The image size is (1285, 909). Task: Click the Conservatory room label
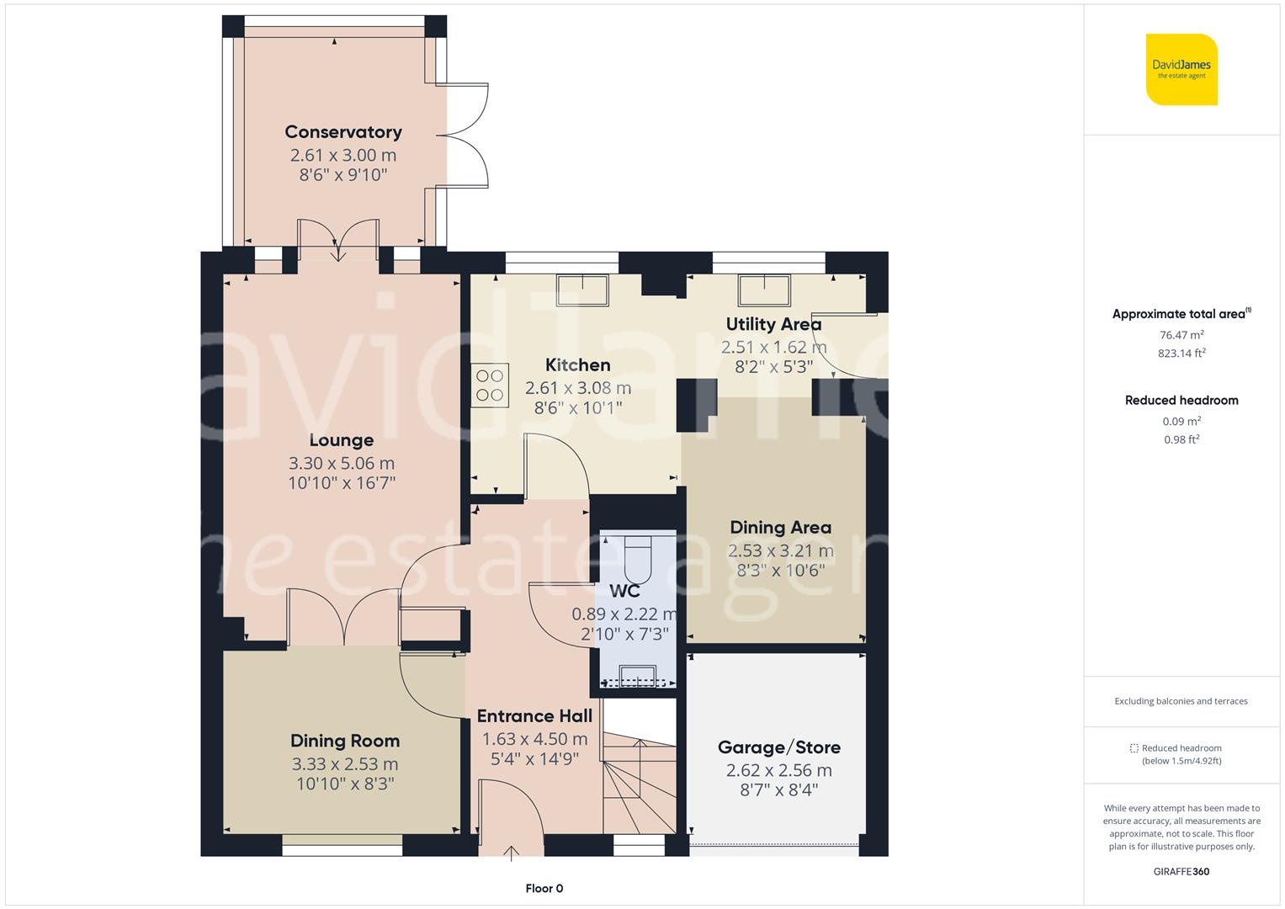click(343, 132)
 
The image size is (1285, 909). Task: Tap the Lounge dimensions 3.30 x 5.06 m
click(342, 463)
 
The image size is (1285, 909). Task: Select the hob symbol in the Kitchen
click(490, 385)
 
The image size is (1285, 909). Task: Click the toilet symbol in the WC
click(638, 559)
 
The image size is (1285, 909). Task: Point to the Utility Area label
click(773, 324)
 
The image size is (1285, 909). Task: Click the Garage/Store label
click(779, 747)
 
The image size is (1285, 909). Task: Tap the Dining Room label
click(345, 741)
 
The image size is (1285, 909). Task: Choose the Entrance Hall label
click(534, 716)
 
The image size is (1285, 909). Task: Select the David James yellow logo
click(1181, 69)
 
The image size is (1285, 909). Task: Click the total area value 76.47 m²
click(1181, 335)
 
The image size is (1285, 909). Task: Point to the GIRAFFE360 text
click(1181, 871)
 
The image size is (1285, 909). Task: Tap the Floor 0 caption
click(544, 888)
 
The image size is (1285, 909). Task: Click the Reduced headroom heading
click(1181, 400)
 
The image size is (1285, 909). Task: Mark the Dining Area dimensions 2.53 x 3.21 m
click(780, 551)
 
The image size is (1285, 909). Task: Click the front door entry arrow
click(511, 853)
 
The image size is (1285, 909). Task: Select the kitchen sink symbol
click(582, 290)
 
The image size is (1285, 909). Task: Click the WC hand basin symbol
click(637, 675)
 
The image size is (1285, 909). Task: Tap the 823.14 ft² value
click(1181, 353)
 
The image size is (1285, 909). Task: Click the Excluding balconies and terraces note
click(1181, 700)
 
